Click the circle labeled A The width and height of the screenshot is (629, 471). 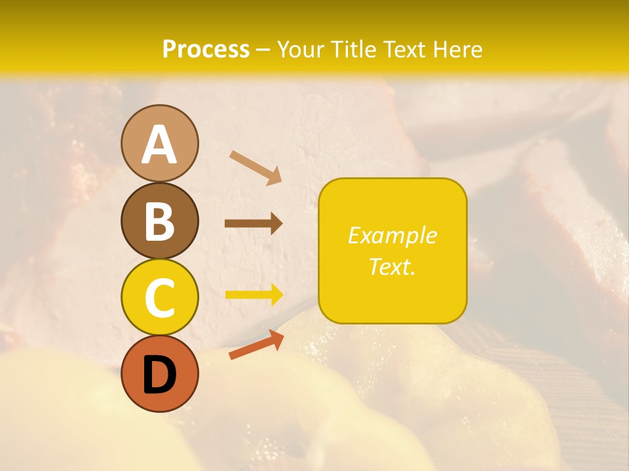coord(159,143)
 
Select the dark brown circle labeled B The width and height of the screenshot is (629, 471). coord(159,220)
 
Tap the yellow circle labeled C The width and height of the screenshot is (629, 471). coord(159,297)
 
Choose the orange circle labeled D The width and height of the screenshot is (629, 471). coord(159,374)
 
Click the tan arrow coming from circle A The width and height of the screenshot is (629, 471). coord(256,167)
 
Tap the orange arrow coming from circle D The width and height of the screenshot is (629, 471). coord(256,345)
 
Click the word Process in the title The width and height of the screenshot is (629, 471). coord(206,49)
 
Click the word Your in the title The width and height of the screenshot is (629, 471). coord(299,49)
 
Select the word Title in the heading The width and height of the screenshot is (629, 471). coord(352,49)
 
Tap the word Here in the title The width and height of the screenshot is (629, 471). coord(457,49)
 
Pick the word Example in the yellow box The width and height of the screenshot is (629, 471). coord(392,235)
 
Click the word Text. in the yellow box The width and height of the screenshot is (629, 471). coord(392,266)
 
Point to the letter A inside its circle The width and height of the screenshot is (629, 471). coord(159,145)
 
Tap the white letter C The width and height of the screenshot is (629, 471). coord(159,298)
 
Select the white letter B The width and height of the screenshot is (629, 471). coord(159,222)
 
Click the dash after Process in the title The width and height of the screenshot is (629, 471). coord(263,50)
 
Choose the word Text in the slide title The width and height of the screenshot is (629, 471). coord(404,49)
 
